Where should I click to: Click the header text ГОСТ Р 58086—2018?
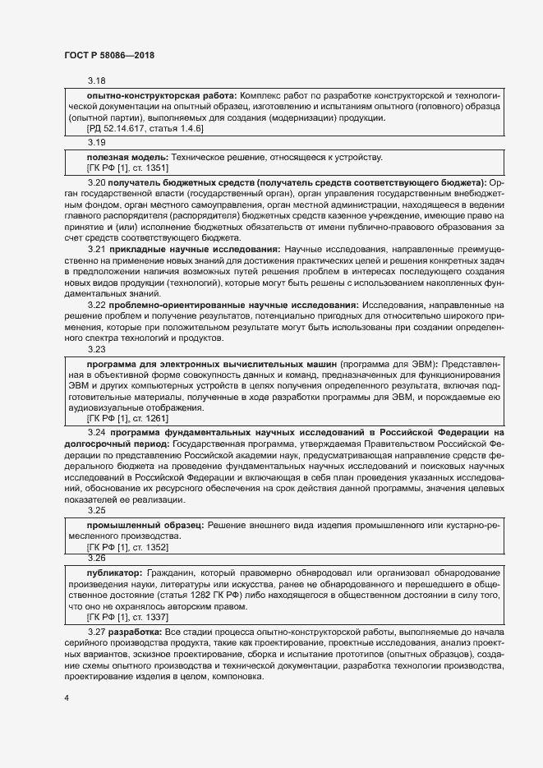pos(109,55)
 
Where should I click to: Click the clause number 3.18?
pos(96,81)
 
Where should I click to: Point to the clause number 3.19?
pos(96,143)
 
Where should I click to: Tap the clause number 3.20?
pos(96,182)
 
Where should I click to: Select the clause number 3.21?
pos(96,248)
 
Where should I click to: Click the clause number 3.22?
pos(96,306)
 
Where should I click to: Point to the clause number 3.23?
pos(96,349)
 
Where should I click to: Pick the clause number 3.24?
pos(96,431)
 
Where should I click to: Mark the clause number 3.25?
pos(96,510)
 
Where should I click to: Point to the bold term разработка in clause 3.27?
pos(136,631)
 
